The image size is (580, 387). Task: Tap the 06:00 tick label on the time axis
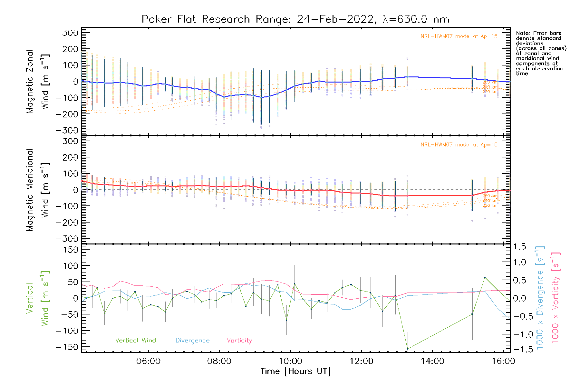click(148, 361)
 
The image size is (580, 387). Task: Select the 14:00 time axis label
click(432, 361)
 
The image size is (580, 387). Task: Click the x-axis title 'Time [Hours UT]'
click(295, 372)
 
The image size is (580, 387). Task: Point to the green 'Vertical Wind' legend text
click(135, 341)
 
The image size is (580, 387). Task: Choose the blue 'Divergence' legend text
click(192, 341)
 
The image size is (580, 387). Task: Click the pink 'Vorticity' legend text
click(239, 341)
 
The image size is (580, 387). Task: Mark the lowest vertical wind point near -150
click(408, 349)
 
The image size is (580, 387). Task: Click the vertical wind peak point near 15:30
click(485, 277)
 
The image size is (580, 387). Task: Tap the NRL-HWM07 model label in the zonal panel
click(459, 36)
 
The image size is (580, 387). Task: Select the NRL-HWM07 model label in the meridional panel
click(459, 145)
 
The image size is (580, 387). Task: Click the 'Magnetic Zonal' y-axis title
click(30, 82)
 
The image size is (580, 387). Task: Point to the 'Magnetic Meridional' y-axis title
click(30, 190)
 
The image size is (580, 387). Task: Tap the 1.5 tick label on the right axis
click(519, 247)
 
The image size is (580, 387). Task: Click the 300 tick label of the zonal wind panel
click(71, 33)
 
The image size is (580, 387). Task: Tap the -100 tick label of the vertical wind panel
click(67, 331)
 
